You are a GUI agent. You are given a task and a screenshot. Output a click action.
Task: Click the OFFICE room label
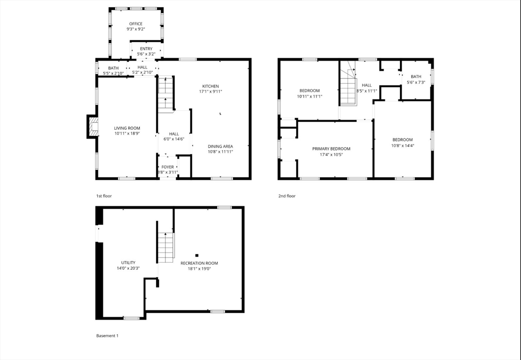point(135,24)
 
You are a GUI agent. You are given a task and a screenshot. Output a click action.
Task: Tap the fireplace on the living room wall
point(93,127)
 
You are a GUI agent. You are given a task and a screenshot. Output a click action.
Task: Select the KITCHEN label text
point(210,86)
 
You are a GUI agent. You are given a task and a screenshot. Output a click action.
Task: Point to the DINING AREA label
point(220,146)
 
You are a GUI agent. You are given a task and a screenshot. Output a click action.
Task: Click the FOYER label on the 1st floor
point(167,167)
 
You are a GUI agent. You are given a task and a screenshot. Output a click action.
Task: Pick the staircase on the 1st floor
point(166,93)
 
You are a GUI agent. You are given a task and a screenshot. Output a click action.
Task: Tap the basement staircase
point(165,247)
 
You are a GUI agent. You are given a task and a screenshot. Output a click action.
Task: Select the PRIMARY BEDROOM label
point(331,149)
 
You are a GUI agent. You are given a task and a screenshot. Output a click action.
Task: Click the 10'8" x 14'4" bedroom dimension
point(402,146)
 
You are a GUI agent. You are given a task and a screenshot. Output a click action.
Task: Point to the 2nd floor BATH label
point(416,76)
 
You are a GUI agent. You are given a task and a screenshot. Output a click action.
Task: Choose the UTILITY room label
point(128,263)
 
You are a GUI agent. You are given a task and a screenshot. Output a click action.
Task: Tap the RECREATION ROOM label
point(199,263)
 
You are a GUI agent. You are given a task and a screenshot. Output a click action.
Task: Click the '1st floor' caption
point(104,196)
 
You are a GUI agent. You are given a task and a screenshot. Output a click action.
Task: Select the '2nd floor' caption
point(287,196)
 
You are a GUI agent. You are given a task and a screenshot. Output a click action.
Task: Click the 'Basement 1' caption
point(107,336)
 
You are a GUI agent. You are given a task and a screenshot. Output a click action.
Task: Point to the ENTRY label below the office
point(146,49)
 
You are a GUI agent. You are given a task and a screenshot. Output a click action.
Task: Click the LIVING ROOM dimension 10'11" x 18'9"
point(127,134)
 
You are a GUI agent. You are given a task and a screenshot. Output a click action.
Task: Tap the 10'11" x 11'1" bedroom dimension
point(309,96)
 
